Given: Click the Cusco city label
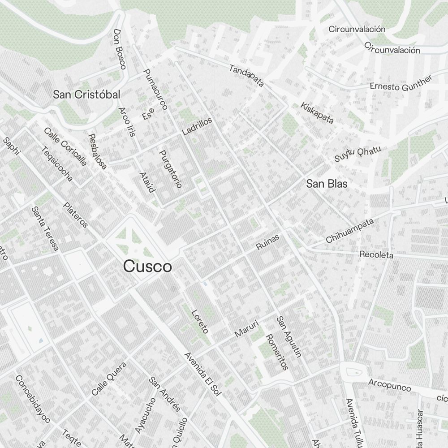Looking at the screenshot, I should click(147, 267).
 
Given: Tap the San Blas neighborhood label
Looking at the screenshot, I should click(327, 184).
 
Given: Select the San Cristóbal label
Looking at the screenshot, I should click(86, 95).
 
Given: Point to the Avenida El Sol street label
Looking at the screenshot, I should click(203, 375).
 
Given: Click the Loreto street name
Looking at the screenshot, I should click(200, 322).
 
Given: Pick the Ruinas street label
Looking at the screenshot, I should click(268, 242).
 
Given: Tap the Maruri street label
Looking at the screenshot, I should click(247, 328).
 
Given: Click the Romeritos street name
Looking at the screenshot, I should click(276, 352).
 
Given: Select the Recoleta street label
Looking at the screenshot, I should click(376, 255).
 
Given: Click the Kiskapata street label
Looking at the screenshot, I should click(318, 112).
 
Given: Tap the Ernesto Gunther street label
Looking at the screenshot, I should click(401, 83).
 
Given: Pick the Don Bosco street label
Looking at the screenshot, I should click(120, 49).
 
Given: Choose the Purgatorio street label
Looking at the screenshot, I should click(171, 168).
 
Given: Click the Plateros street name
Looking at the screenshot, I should click(76, 215).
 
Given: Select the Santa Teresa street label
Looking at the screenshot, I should click(45, 228).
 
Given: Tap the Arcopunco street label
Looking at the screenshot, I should click(389, 385).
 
